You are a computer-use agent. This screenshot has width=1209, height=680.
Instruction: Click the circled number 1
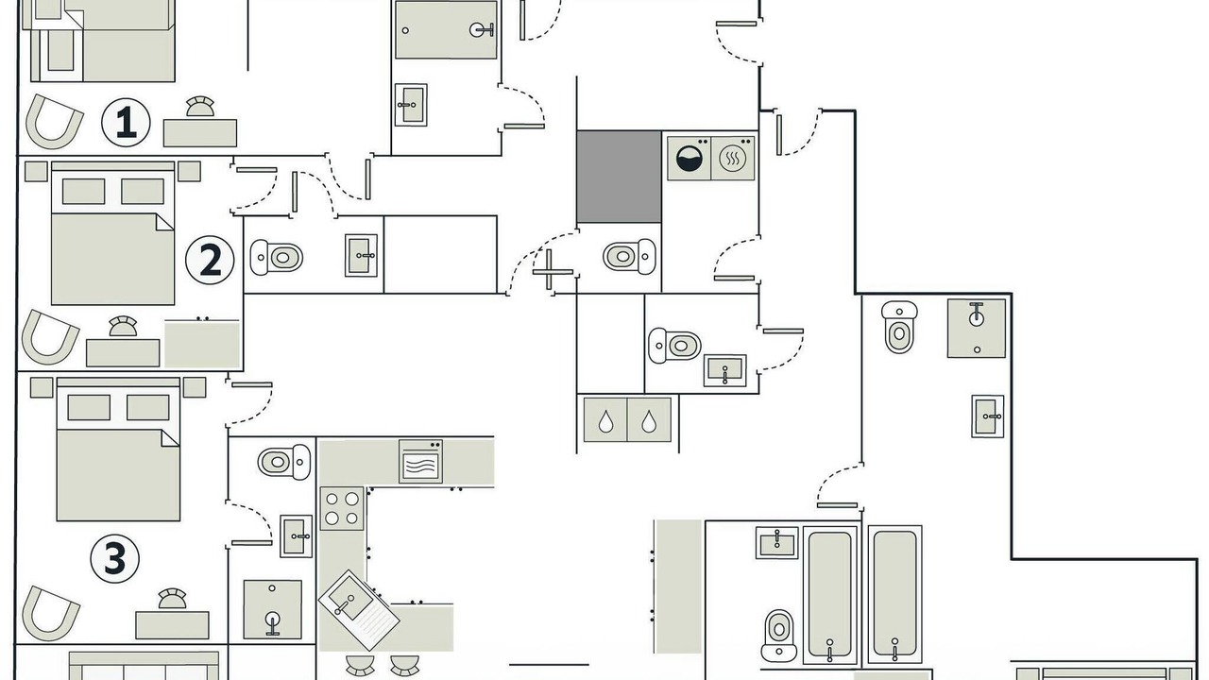point(126,123)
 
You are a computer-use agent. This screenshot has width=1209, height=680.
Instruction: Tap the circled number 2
point(210,260)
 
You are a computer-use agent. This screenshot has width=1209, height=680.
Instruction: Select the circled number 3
point(114,558)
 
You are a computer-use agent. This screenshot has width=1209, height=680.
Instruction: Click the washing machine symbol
point(690,158)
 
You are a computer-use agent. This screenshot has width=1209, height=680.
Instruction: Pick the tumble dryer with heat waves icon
point(733,158)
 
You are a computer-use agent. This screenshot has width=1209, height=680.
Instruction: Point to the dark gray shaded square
point(619,177)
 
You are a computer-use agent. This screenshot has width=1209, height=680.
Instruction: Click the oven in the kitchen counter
point(420,462)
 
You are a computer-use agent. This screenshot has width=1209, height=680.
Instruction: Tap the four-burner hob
point(342,508)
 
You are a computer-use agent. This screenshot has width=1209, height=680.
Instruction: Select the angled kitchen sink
point(359,610)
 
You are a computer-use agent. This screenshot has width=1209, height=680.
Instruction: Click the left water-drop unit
point(605,420)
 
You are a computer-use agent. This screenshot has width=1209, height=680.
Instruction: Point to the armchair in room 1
point(55,122)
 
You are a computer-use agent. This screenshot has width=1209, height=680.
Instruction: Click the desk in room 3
point(172,625)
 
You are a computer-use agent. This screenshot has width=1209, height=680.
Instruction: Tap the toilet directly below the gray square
point(629,256)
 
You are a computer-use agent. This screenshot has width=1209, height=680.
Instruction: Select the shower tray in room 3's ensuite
point(273,610)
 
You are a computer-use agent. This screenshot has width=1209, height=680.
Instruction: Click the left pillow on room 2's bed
point(84,191)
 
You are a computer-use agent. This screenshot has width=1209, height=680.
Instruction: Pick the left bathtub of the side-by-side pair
point(830,595)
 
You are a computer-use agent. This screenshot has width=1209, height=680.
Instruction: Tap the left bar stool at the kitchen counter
point(360,666)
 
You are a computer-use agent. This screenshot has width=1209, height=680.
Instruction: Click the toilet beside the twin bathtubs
point(779,636)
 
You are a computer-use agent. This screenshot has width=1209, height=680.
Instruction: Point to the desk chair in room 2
point(123,327)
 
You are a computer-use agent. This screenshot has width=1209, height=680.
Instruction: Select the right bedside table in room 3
point(195,387)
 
